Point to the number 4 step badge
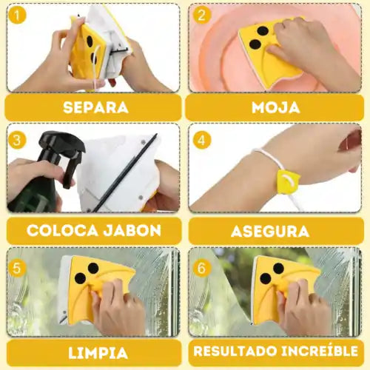point(201,138)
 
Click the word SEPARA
point(95,107)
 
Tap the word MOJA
point(275,107)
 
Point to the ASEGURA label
point(275,229)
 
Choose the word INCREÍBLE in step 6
point(318,351)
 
